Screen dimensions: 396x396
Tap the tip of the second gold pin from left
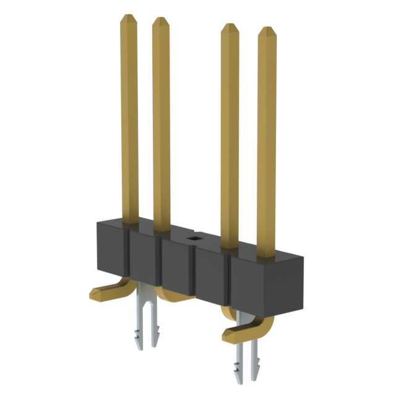pos(160,20)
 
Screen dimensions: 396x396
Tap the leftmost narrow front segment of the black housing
pos(112,254)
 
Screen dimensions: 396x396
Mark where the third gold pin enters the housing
pos(230,245)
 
